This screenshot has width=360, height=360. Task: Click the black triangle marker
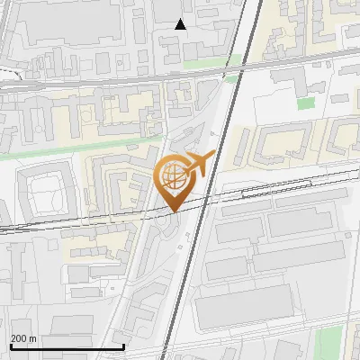coord(181,24)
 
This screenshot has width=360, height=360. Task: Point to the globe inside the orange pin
coord(174,175)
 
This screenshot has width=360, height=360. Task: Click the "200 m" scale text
coord(23,338)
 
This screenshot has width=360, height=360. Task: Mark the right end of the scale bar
coord(123,346)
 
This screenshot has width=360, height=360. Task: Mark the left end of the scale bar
coord(10,346)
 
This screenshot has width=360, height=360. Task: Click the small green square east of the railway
coord(306,103)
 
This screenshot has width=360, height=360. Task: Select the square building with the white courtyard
coord(42,193)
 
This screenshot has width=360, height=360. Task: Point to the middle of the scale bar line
coord(67,346)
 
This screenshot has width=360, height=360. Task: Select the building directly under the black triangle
coord(184,43)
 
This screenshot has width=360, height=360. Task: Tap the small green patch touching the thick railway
coord(231,79)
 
